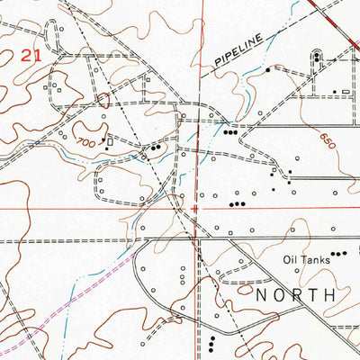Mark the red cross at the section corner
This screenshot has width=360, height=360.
tap(195, 209)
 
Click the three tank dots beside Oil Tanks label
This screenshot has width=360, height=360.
tap(337, 255)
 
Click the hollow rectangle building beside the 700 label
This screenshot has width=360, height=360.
tap(111, 141)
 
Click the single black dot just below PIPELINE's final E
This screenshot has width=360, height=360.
tap(268, 68)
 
